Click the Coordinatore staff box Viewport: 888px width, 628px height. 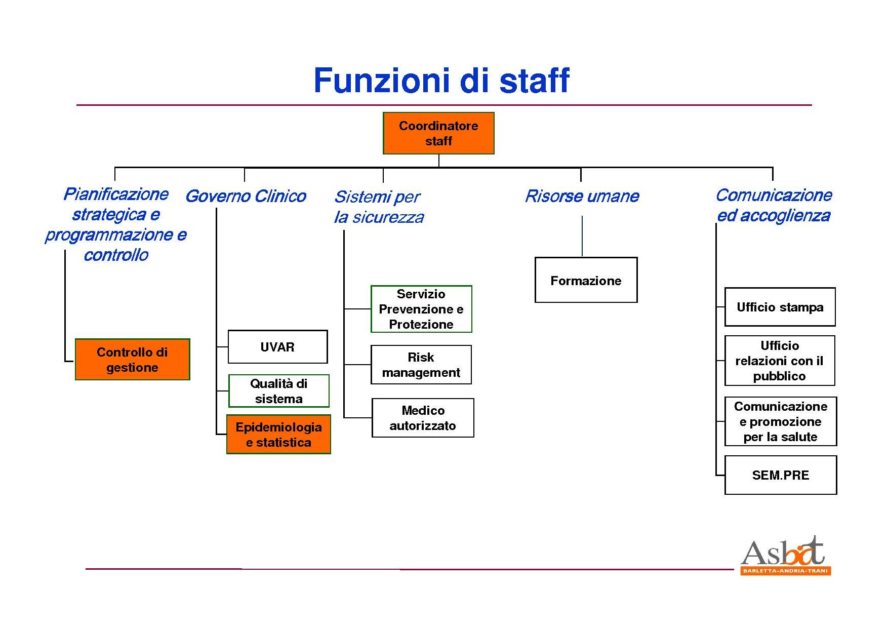(x=438, y=133)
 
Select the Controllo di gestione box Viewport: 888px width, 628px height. (x=132, y=360)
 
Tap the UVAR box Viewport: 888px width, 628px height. (x=277, y=347)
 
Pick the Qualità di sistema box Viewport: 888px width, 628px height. (x=278, y=391)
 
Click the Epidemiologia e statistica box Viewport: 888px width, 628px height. (x=278, y=435)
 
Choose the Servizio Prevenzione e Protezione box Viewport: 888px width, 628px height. (x=421, y=309)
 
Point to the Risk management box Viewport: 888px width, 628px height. (x=421, y=365)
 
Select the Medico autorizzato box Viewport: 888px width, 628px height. (x=423, y=418)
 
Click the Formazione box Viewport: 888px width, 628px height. (x=586, y=280)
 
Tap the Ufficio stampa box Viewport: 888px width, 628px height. (x=780, y=307)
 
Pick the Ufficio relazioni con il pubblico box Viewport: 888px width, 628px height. (x=780, y=361)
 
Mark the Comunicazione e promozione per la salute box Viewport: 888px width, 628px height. (x=780, y=421)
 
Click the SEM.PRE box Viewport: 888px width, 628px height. (x=780, y=475)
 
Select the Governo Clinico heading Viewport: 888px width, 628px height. (x=246, y=196)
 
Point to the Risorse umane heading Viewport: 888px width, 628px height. (x=582, y=196)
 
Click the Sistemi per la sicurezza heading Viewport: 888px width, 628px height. (x=379, y=207)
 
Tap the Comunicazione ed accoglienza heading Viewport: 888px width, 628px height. (x=774, y=205)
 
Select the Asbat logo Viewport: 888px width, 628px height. (x=785, y=556)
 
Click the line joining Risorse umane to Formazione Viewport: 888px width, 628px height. (x=582, y=236)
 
